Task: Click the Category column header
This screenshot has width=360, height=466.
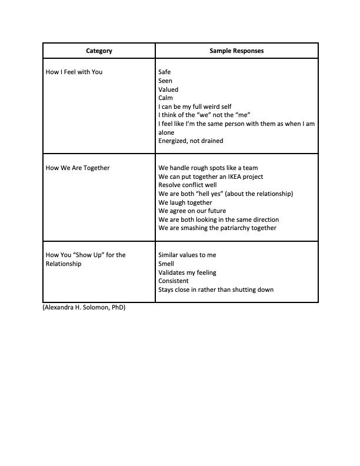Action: click(99, 51)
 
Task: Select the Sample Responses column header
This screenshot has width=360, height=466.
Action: click(236, 51)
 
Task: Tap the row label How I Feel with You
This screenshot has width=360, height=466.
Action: click(74, 72)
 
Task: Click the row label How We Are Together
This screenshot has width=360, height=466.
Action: click(78, 168)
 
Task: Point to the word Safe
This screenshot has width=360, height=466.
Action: click(165, 72)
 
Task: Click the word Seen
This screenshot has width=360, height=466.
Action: click(165, 81)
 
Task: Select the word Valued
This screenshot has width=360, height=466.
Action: click(168, 89)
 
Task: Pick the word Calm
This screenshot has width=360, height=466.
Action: click(166, 98)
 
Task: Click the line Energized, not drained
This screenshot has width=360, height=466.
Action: click(191, 141)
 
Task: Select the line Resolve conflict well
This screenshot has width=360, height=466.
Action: click(188, 185)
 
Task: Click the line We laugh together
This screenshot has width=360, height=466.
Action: click(185, 202)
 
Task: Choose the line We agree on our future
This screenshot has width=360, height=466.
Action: click(192, 211)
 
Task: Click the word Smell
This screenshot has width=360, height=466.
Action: click(166, 264)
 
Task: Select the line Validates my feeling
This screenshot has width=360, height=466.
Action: click(187, 272)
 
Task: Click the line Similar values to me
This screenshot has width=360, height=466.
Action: click(188, 255)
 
